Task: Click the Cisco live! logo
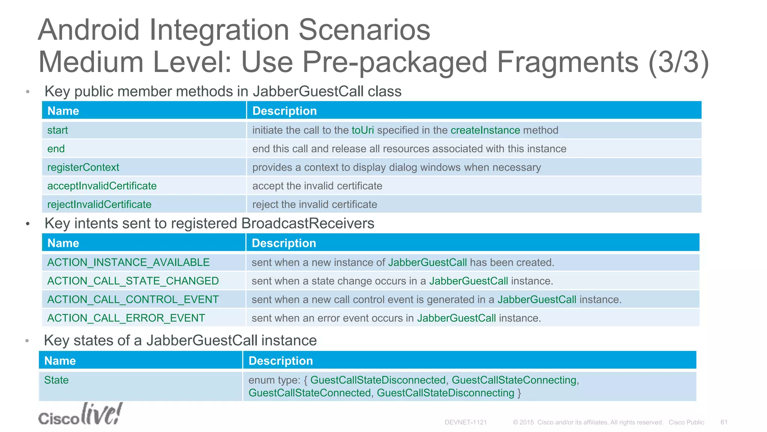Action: pyautogui.click(x=80, y=414)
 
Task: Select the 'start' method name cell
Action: pyautogui.click(x=58, y=130)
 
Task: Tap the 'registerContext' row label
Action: pyautogui.click(x=83, y=167)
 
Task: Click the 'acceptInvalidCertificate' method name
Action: pyautogui.click(x=102, y=186)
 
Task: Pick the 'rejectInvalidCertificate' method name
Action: pyautogui.click(x=99, y=204)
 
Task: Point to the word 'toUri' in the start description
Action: pyautogui.click(x=363, y=130)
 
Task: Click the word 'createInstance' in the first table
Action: pyautogui.click(x=485, y=130)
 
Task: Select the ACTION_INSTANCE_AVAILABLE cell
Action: pyautogui.click(x=128, y=262)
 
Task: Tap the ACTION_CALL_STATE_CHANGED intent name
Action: pyautogui.click(x=133, y=281)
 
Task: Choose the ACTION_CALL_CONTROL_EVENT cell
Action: pyautogui.click(x=133, y=300)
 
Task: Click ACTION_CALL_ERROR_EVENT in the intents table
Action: pyautogui.click(x=126, y=318)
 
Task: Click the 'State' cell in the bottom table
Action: pyautogui.click(x=57, y=380)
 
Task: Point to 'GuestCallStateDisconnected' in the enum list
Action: pyautogui.click(x=378, y=380)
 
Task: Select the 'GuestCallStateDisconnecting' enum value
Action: pyautogui.click(x=445, y=393)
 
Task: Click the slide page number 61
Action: pyautogui.click(x=724, y=422)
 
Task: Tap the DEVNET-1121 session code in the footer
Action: pyautogui.click(x=466, y=422)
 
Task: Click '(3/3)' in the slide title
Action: pyautogui.click(x=678, y=62)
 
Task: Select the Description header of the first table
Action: pyautogui.click(x=285, y=111)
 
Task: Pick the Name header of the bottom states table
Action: pyautogui.click(x=60, y=361)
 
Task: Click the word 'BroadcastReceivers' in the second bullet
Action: pyautogui.click(x=308, y=223)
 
